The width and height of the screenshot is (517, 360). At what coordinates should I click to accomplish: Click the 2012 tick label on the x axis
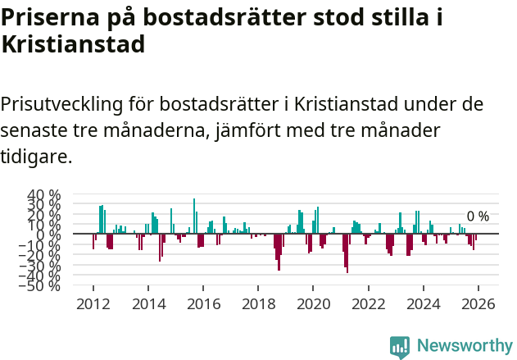[93, 303]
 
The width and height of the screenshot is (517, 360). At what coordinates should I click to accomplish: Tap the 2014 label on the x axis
[147, 303]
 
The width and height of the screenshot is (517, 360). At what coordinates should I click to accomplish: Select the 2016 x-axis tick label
[202, 303]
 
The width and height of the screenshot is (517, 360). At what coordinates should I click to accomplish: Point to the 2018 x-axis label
[258, 303]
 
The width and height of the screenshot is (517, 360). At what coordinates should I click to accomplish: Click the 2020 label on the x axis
[313, 303]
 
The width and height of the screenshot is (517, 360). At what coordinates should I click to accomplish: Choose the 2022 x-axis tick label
[368, 303]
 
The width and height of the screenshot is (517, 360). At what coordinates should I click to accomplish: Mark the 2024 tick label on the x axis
[424, 303]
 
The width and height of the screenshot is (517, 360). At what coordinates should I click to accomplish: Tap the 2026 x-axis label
[478, 303]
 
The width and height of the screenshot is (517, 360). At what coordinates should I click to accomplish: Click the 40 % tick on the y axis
[44, 196]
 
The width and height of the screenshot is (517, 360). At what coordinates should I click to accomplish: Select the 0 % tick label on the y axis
[48, 235]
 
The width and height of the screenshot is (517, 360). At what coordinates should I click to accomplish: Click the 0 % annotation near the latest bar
[478, 216]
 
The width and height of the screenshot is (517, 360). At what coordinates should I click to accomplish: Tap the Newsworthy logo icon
[400, 346]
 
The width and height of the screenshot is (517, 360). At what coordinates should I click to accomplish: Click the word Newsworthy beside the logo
[464, 346]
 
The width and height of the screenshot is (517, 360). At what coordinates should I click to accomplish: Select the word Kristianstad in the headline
[73, 44]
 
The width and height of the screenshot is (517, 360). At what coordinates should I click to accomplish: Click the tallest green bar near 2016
[194, 216]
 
